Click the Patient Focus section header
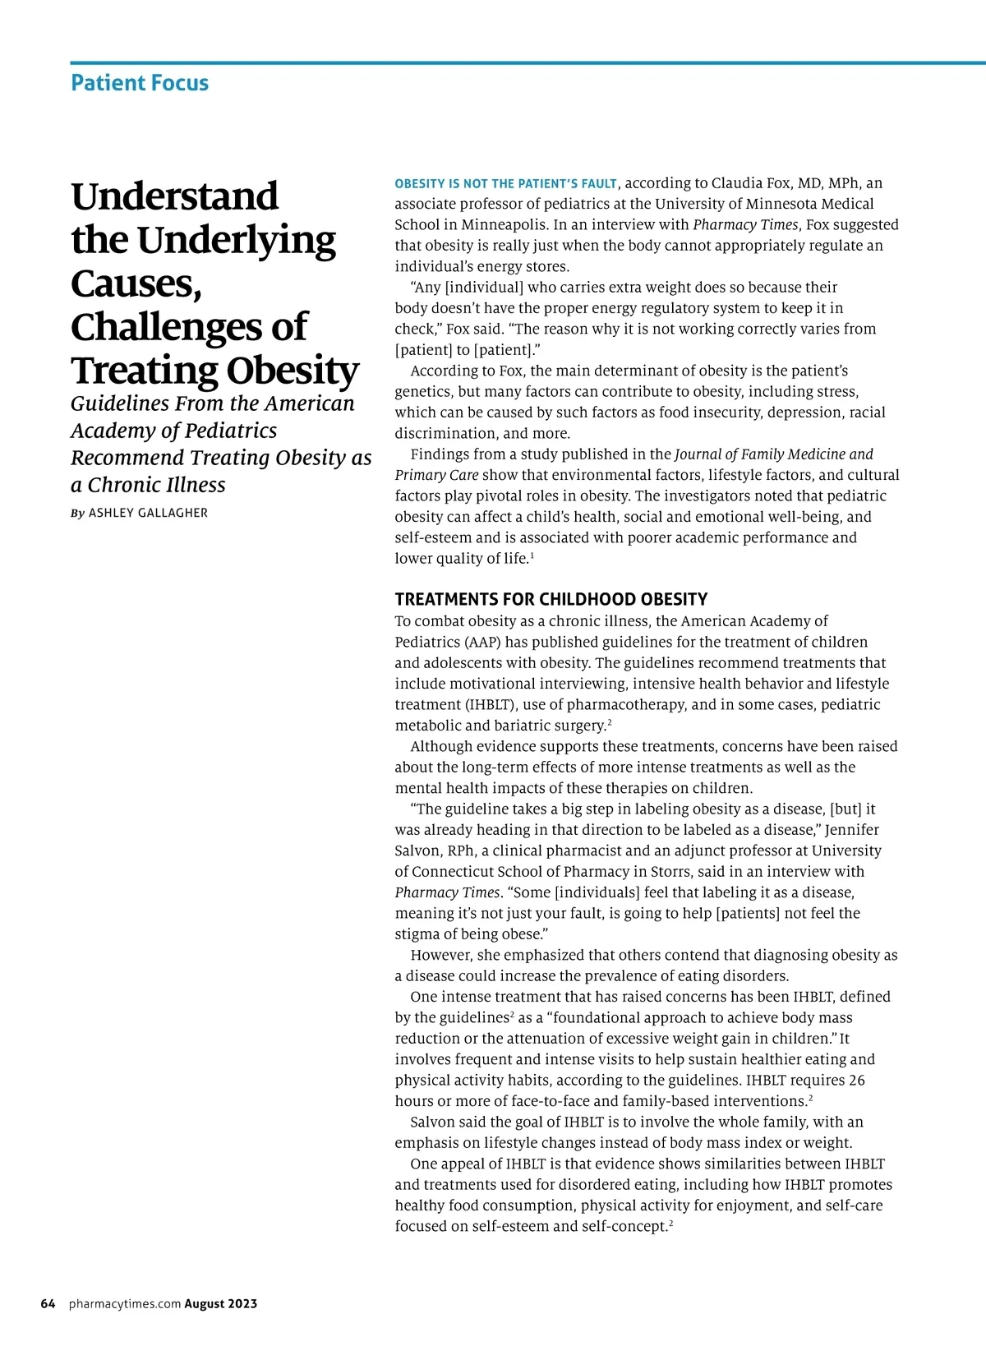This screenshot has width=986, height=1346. coord(140,83)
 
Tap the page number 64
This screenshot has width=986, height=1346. coord(48,1303)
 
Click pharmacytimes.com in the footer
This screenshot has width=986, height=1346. coord(124,1303)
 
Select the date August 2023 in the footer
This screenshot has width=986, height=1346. coord(221,1303)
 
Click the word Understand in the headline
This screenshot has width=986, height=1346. coord(175,196)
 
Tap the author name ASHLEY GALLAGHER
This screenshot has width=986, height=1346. coord(148,513)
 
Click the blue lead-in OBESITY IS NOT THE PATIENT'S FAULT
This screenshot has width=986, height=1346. coord(505,184)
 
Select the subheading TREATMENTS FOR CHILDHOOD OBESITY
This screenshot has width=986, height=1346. coord(551,599)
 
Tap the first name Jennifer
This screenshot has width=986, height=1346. coord(852,830)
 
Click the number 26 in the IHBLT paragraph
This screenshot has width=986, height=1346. coord(856,1081)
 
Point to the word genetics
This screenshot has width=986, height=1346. coord(425,392)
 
